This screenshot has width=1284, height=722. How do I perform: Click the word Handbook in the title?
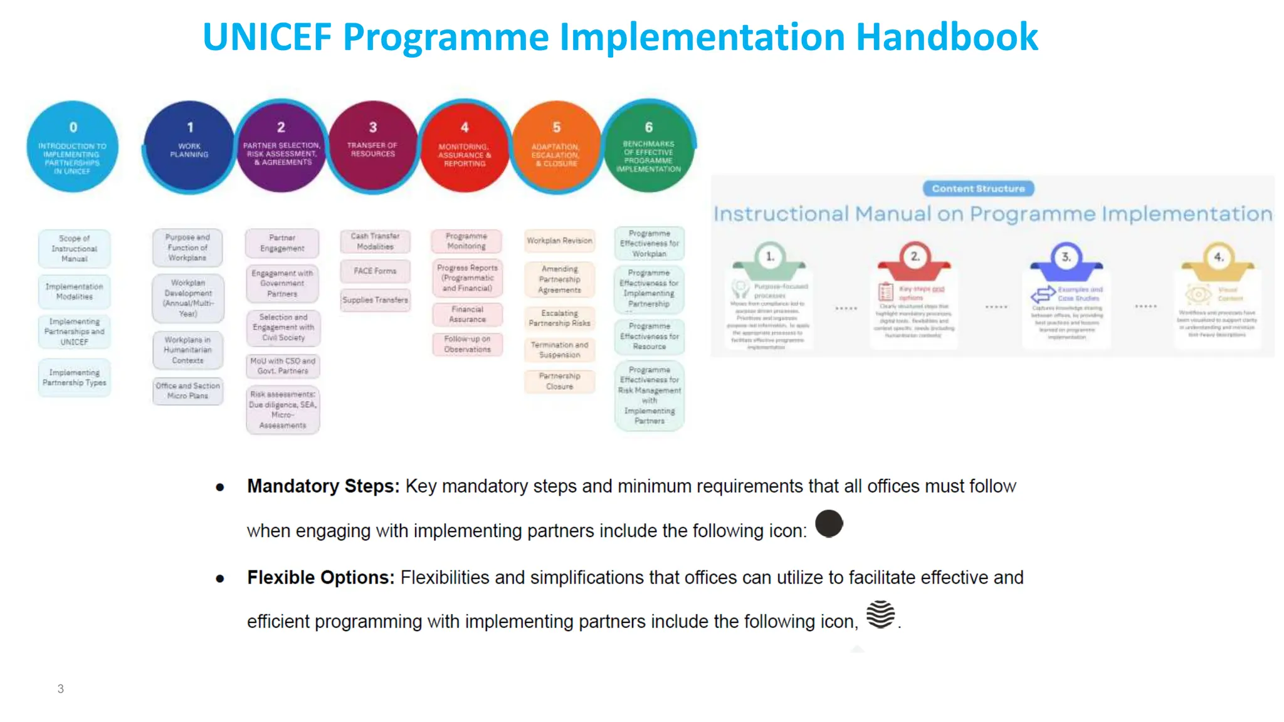click(947, 36)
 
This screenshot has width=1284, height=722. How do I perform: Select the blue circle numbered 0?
click(73, 147)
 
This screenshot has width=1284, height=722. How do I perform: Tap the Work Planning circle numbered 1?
click(189, 147)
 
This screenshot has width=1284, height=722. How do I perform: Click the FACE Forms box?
click(375, 271)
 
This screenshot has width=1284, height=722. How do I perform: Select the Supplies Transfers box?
click(375, 300)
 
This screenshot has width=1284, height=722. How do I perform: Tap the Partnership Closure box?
click(559, 381)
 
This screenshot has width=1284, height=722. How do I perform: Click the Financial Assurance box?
click(467, 314)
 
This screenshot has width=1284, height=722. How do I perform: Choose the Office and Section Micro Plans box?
click(187, 391)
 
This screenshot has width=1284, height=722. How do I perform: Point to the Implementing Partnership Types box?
click(75, 377)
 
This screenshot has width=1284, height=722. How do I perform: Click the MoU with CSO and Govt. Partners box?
click(283, 366)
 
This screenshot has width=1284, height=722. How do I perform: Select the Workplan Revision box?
click(559, 241)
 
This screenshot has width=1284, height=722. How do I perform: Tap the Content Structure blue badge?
click(978, 189)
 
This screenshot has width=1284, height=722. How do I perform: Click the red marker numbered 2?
click(914, 257)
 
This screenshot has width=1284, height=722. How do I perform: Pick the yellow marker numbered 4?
click(1218, 258)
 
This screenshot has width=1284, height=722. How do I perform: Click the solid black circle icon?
click(829, 524)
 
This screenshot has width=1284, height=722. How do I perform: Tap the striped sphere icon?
click(880, 614)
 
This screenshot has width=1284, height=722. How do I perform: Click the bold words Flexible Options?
click(320, 577)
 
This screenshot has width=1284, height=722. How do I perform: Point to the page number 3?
click(61, 689)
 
